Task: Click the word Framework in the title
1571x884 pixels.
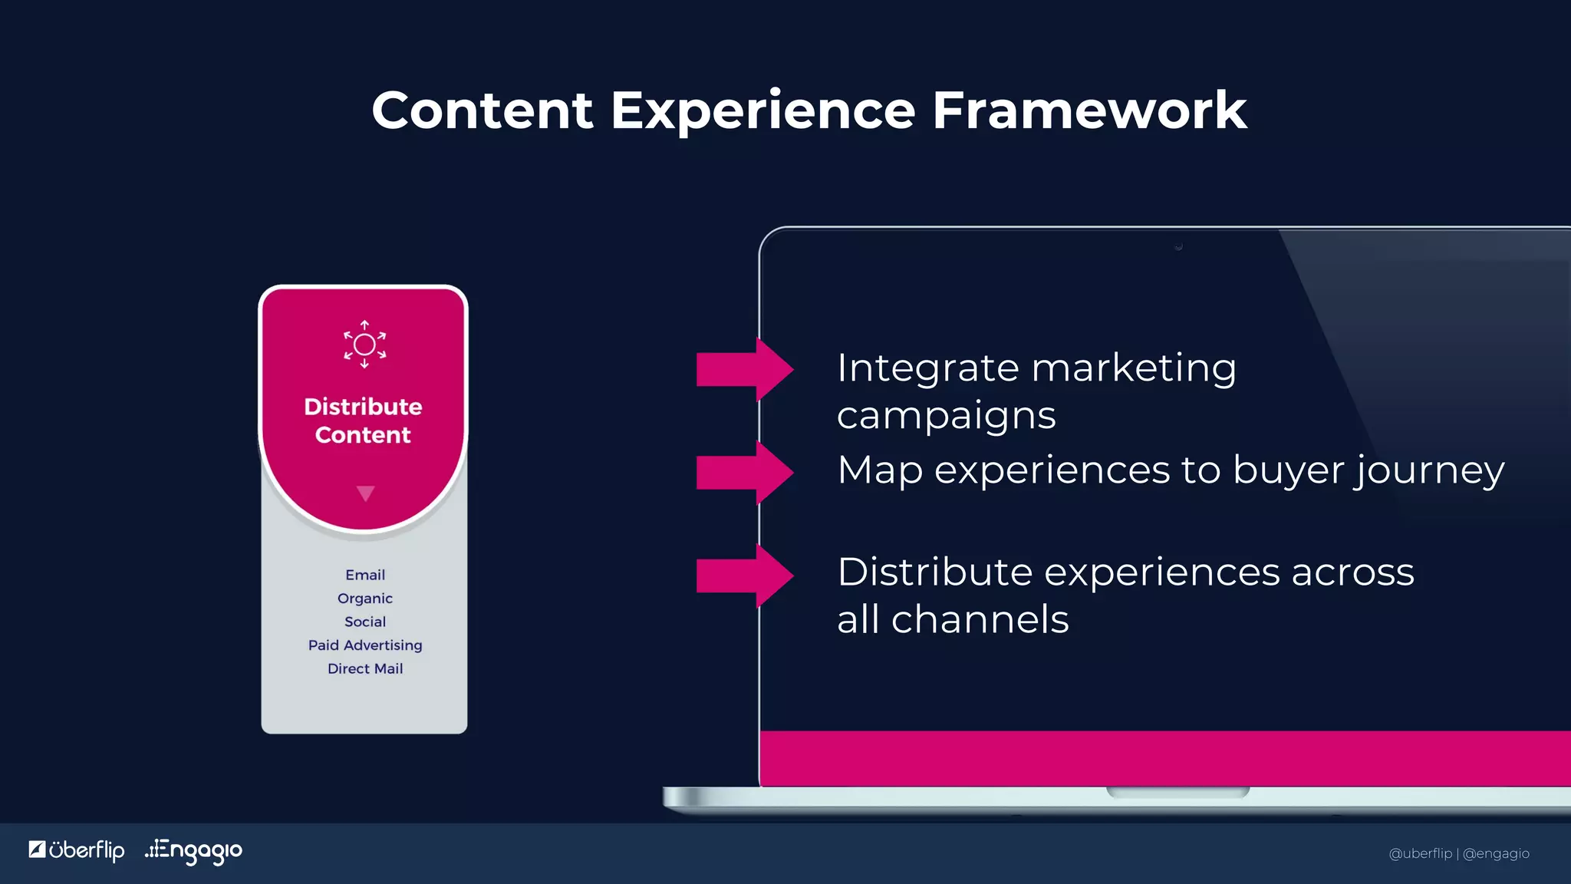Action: click(1089, 110)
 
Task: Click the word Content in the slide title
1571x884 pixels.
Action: click(482, 110)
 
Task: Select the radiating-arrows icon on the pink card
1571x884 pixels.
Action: click(364, 345)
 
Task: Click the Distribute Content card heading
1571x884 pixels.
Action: click(363, 421)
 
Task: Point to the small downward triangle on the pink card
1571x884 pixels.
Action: click(366, 493)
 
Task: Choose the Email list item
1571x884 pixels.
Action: click(365, 575)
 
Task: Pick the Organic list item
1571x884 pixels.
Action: click(365, 599)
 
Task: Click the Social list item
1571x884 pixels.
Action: click(365, 622)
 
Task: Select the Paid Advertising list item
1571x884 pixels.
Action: click(365, 645)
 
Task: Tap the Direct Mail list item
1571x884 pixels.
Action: click(365, 668)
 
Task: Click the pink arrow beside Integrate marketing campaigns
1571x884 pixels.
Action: click(743, 369)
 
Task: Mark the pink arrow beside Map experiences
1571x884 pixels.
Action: click(743, 472)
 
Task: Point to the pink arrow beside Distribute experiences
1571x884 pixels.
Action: click(743, 576)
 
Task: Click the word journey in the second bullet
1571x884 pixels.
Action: click(1428, 471)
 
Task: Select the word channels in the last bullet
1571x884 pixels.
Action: click(980, 619)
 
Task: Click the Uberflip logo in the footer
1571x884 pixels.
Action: click(77, 850)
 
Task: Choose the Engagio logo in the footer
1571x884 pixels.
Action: click(194, 850)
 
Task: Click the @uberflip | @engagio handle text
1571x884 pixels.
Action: click(1458, 853)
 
